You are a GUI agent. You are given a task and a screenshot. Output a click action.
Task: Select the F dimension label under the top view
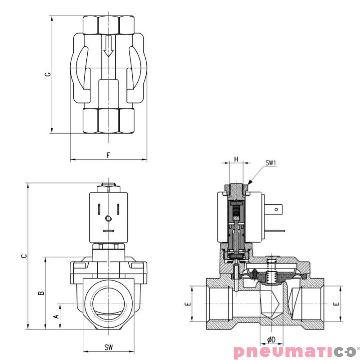[x=108, y=155]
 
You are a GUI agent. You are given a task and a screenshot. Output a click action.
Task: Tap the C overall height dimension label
[x=24, y=256]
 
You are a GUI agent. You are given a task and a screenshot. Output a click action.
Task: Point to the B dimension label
[x=41, y=293]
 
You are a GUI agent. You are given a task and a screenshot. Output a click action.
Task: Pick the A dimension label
[x=56, y=317]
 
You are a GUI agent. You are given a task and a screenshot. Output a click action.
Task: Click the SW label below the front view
[x=108, y=347]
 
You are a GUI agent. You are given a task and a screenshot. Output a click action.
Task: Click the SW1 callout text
[x=270, y=163]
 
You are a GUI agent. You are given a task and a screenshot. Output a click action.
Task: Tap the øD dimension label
[x=271, y=339]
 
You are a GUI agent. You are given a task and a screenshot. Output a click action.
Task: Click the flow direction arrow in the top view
[x=108, y=46]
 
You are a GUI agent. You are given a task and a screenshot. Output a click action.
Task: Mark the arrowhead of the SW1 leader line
[x=250, y=182]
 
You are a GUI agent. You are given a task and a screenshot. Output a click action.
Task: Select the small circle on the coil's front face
[x=108, y=219]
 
